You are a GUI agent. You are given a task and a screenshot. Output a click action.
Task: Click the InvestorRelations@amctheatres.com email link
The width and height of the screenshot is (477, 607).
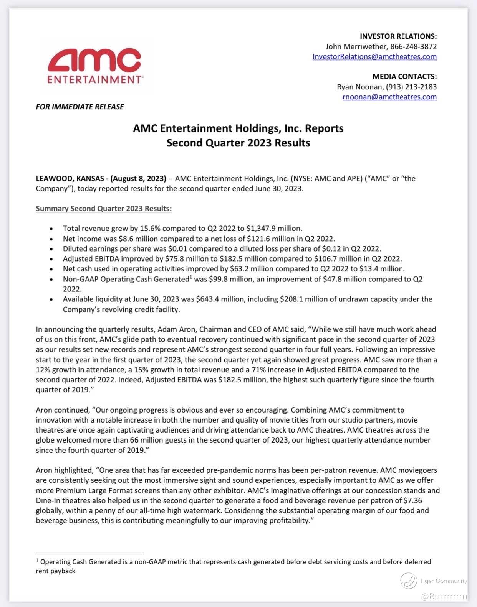[374, 57]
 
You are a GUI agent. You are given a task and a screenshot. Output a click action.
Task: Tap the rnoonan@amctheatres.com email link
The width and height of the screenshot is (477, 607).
[389, 97]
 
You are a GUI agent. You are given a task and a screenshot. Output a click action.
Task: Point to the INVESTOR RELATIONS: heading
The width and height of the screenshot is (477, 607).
[398, 36]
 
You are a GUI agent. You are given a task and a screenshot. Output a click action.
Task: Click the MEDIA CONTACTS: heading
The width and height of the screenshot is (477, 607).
[404, 77]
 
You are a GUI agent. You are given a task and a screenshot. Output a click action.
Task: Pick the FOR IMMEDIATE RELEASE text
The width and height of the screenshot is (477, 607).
[80, 107]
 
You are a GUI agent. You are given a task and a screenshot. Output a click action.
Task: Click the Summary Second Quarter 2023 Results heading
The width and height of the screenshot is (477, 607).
[104, 209]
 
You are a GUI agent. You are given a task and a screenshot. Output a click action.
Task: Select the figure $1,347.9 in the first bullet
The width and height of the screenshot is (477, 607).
[263, 229]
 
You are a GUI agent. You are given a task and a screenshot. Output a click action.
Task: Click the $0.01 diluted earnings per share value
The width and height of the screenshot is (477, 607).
[177, 249]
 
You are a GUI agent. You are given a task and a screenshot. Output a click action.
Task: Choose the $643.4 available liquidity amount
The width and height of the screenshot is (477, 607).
[207, 299]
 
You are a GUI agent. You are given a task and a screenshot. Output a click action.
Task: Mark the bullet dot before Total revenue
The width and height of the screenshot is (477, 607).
[51, 229]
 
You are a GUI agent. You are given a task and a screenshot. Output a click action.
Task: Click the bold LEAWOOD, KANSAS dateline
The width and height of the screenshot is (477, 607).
[70, 179]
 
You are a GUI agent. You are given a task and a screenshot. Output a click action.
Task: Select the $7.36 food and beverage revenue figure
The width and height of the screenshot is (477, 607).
[413, 501]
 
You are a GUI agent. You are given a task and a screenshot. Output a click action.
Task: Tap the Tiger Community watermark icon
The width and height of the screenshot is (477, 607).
[408, 581]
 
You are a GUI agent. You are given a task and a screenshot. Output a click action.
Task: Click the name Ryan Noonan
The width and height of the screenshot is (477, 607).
[359, 87]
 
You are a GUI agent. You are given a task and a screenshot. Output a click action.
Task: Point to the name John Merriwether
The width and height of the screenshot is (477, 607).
[356, 47]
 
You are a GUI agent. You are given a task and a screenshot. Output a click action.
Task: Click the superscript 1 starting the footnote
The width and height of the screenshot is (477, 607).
[37, 561]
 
